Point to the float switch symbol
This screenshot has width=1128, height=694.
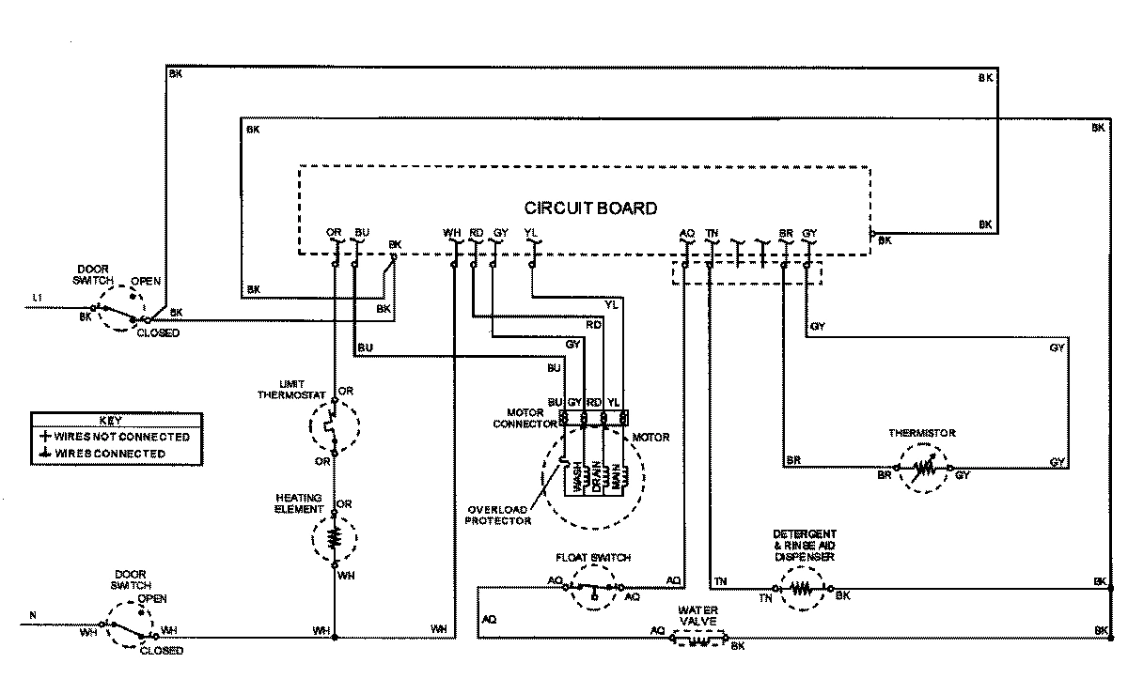(x=593, y=588)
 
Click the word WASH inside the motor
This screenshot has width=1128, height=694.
(x=575, y=478)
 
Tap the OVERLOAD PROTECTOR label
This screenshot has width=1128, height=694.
(x=497, y=514)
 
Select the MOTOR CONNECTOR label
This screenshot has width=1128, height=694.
(x=532, y=418)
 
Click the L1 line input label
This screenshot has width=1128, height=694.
(x=38, y=298)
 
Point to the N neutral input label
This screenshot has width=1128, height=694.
(x=33, y=616)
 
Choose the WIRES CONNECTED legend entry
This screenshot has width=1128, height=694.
(x=110, y=454)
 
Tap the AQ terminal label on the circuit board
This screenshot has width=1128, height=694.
(x=686, y=232)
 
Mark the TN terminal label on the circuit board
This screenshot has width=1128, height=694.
(x=712, y=232)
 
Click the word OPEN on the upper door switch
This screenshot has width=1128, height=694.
(x=146, y=281)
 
